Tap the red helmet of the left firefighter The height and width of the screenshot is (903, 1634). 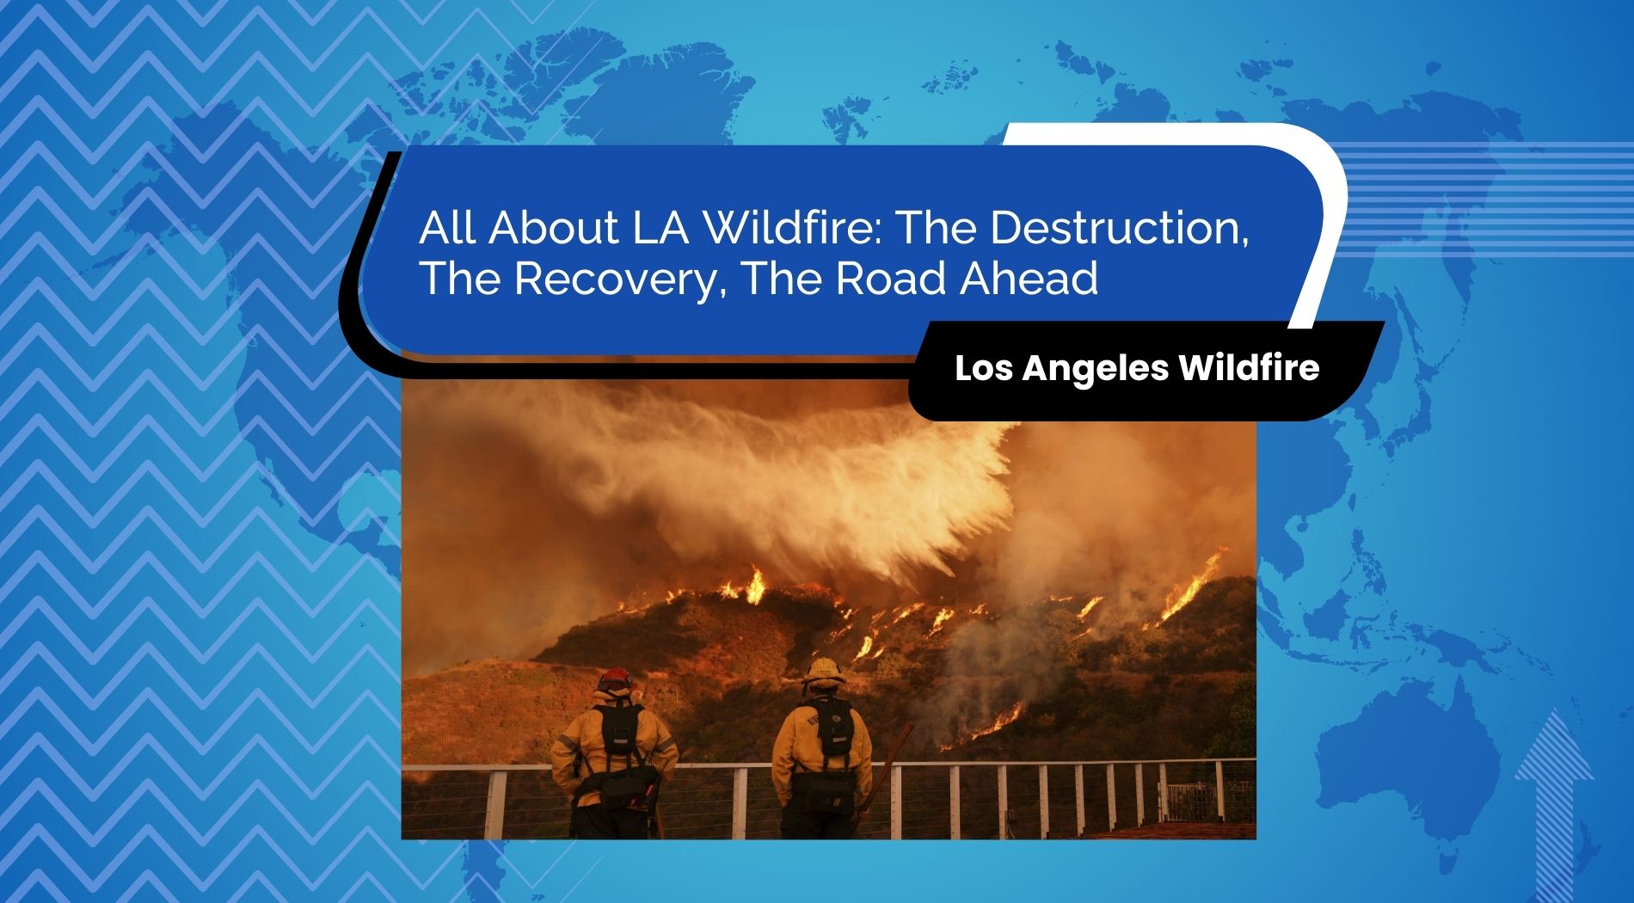615,680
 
